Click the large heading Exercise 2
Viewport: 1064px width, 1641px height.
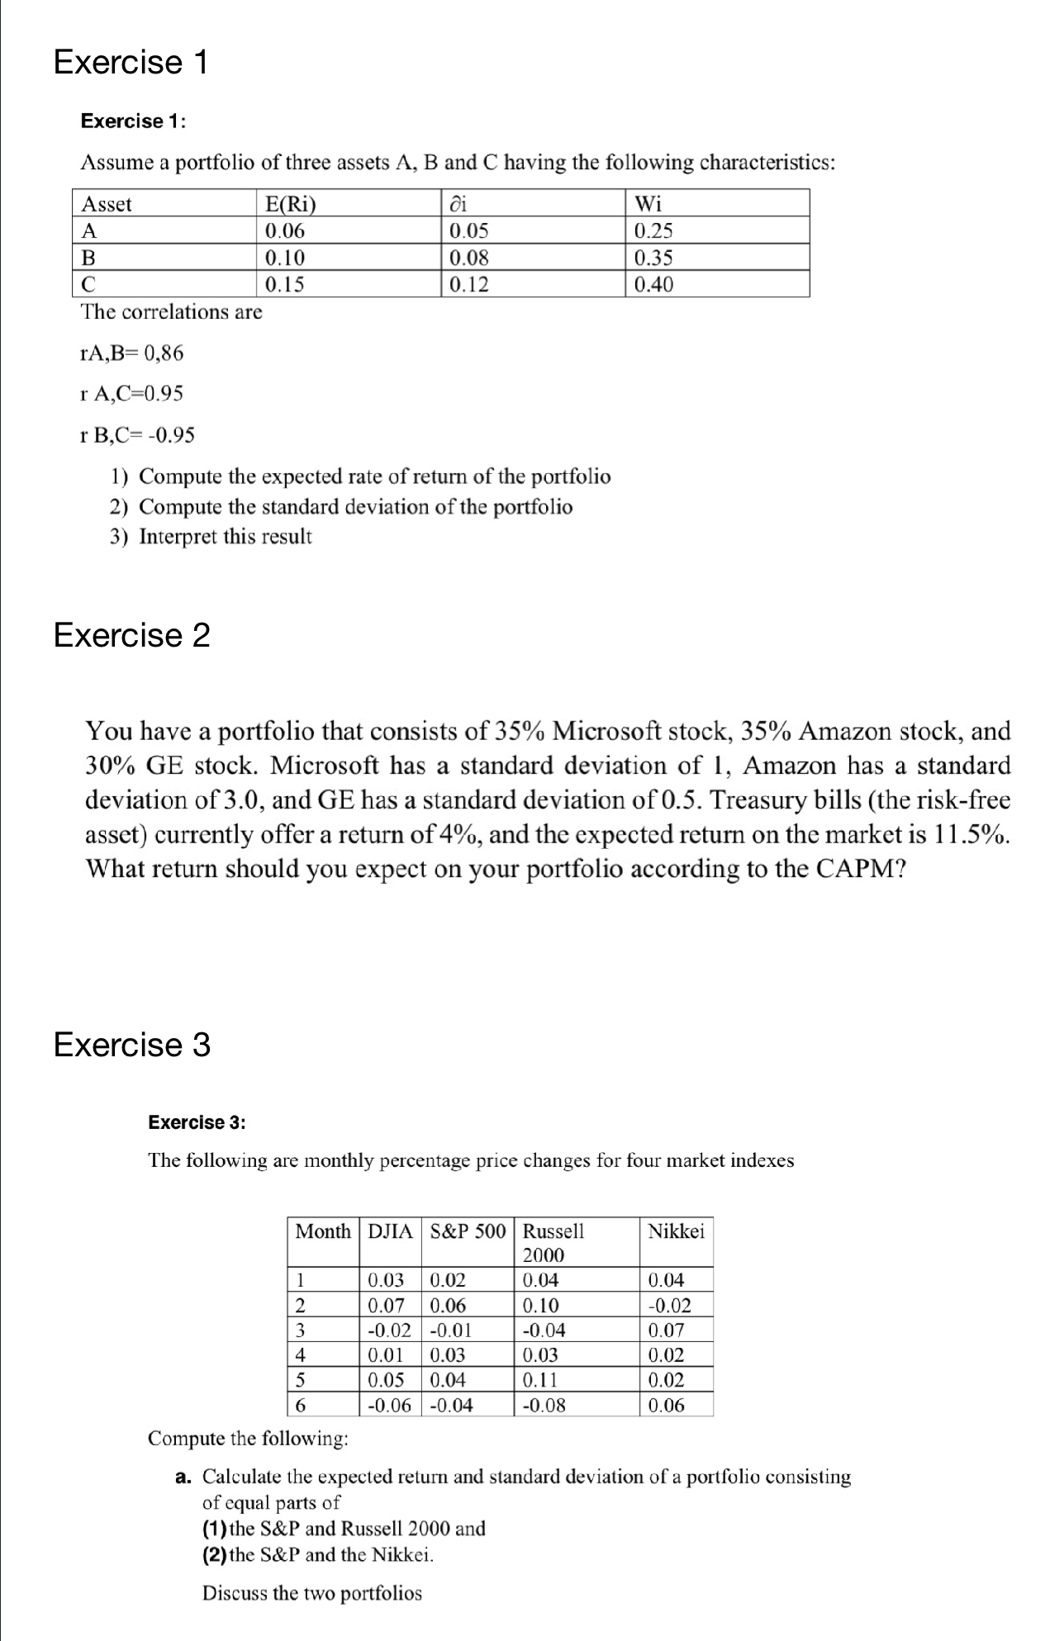tap(131, 635)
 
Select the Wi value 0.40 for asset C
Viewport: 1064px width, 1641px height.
tap(653, 284)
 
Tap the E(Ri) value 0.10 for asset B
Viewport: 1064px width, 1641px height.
tap(284, 257)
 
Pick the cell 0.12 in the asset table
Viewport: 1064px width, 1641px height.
tap(468, 284)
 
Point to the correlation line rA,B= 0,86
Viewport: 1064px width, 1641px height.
tap(131, 353)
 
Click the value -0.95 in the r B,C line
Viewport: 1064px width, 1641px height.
tap(172, 434)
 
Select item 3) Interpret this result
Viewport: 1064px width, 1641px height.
tap(211, 536)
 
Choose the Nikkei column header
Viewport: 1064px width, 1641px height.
tap(676, 1231)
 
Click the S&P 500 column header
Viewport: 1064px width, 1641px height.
tap(468, 1231)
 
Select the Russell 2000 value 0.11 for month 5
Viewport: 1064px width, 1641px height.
tap(540, 1379)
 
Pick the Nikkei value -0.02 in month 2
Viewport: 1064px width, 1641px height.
tap(669, 1305)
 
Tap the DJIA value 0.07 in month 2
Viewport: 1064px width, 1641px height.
tap(385, 1305)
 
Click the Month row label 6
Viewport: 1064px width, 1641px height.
tap(301, 1404)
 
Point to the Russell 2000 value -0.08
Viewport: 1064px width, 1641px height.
tap(544, 1404)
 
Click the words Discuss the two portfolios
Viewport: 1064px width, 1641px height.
tap(311, 1592)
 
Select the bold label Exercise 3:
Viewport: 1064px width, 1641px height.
tap(197, 1122)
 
